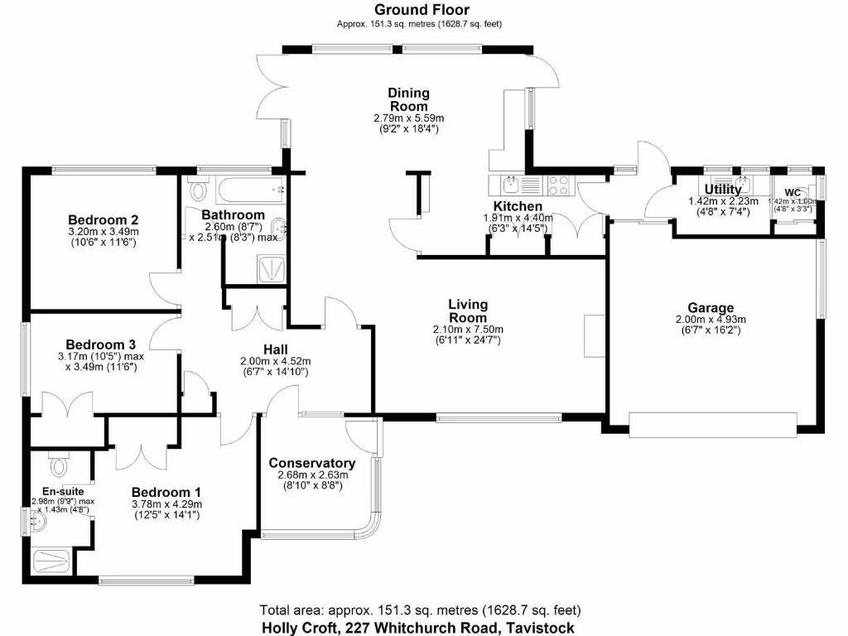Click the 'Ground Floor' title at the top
419,11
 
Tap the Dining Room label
409,99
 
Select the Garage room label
711,308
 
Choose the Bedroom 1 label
166,491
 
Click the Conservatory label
312,463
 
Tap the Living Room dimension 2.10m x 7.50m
468,330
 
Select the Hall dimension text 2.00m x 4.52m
274,361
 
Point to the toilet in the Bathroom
199,190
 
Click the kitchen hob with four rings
557,185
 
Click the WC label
793,192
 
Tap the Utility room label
723,190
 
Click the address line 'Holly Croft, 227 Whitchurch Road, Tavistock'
418,627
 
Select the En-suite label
58,490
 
